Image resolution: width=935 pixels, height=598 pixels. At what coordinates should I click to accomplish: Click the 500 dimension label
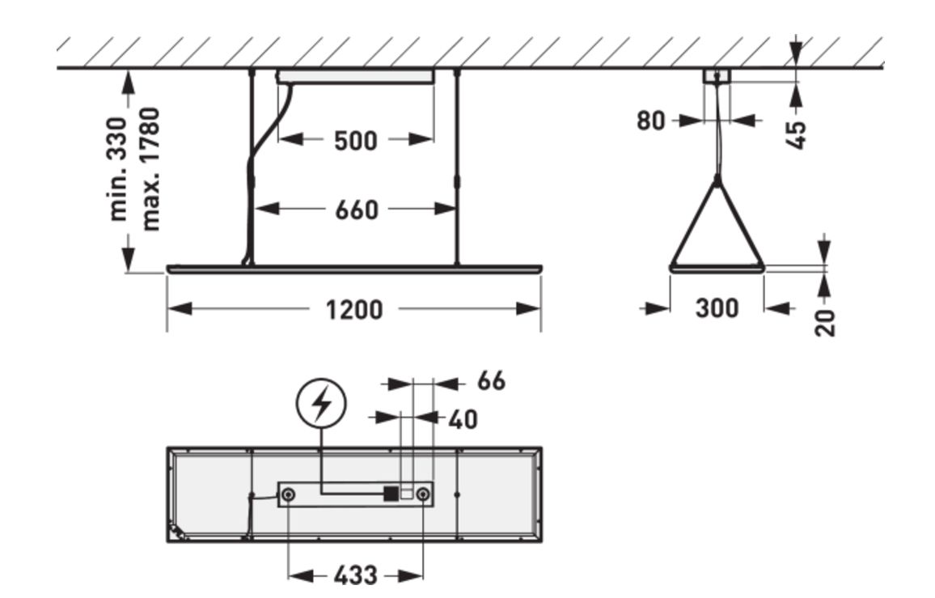356,141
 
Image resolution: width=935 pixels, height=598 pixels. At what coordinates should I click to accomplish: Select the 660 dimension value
356,210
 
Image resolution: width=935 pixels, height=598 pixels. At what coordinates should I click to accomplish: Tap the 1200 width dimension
355,309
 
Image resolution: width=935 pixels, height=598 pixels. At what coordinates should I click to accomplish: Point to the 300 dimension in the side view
717,308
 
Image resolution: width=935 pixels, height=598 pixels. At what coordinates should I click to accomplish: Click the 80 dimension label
651,121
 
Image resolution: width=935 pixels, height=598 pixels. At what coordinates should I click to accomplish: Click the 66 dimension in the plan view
490,381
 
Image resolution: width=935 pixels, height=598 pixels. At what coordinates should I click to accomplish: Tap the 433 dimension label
355,576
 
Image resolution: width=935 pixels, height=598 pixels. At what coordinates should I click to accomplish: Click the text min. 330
118,168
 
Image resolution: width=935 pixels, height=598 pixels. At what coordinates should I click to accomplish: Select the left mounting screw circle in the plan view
290,494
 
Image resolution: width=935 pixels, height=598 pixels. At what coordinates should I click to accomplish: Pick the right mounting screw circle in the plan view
421,494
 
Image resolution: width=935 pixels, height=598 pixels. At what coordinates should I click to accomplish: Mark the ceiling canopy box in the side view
717,76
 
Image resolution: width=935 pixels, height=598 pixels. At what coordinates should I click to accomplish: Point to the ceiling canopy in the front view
355,77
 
